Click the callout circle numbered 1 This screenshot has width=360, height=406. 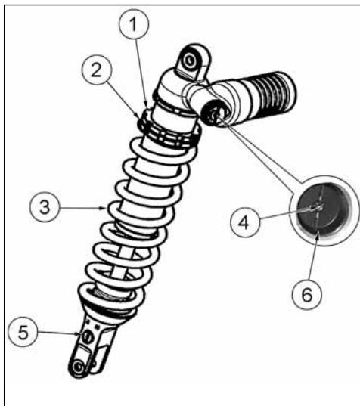[x=134, y=24]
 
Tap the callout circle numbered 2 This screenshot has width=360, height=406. [x=97, y=70]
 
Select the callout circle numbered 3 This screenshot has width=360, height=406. [x=45, y=207]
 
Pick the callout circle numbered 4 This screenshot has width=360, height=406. [x=244, y=222]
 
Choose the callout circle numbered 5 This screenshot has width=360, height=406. [x=23, y=332]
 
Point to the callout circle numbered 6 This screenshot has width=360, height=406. [x=307, y=294]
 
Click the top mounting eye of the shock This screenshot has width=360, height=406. [x=191, y=61]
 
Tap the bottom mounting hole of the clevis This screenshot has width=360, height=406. [x=78, y=367]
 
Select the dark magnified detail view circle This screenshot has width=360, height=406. [x=321, y=209]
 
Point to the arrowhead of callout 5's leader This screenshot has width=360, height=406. [x=79, y=334]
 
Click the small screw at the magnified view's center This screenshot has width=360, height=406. [x=321, y=207]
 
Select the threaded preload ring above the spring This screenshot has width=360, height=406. [x=169, y=131]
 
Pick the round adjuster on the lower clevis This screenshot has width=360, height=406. [x=87, y=336]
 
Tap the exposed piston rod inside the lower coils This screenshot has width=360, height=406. [x=124, y=259]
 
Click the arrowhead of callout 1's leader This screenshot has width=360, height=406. [x=146, y=107]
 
